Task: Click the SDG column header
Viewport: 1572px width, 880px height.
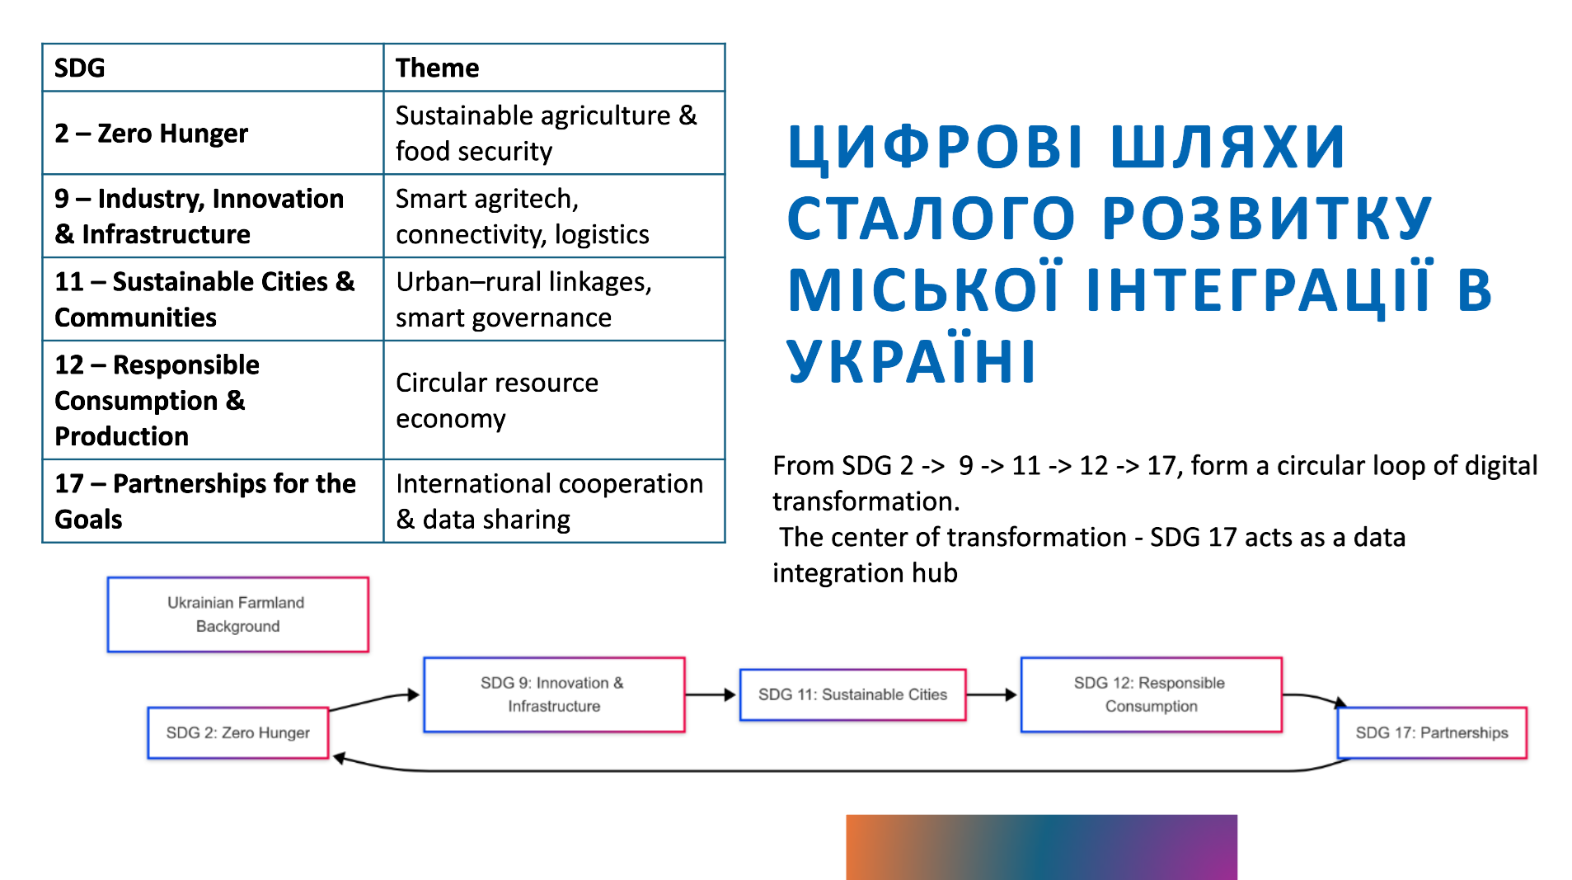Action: (213, 68)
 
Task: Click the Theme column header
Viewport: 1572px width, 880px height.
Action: (554, 68)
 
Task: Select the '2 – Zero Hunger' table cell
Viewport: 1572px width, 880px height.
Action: (213, 133)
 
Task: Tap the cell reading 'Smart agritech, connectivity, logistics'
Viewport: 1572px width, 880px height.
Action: (554, 216)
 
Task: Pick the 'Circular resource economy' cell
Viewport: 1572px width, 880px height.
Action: (554, 400)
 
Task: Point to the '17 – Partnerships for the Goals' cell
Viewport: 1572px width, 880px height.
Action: (213, 501)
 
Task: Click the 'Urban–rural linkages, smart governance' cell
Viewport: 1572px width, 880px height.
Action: (554, 299)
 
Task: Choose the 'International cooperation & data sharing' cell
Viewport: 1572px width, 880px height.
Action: (554, 501)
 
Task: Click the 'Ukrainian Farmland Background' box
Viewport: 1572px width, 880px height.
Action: (237, 614)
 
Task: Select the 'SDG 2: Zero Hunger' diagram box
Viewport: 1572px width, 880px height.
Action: (238, 732)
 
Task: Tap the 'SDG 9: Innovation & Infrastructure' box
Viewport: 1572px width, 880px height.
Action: (554, 694)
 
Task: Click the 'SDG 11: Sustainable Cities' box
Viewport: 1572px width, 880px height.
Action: (852, 694)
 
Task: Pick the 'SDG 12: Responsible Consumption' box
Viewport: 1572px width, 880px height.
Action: (1152, 694)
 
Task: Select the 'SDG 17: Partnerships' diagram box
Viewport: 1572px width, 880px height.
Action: (1432, 732)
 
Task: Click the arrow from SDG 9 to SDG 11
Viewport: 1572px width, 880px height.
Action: (711, 694)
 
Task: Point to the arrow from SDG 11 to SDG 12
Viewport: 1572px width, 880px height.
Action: (992, 694)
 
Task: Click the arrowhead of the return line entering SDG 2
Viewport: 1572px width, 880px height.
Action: (338, 758)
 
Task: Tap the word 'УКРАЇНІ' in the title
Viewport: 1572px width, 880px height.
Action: (912, 360)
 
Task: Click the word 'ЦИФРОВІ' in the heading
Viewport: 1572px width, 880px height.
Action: (936, 148)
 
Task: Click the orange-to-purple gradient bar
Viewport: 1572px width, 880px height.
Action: (1041, 847)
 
